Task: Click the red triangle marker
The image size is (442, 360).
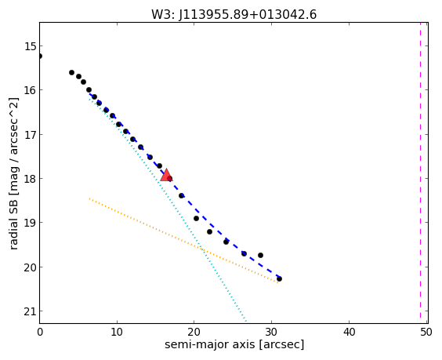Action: coord(166,175)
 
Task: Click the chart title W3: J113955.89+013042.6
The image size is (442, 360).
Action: coord(234,15)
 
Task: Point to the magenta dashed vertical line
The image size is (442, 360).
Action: coord(420,173)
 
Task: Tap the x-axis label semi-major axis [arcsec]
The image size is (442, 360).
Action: coord(234,344)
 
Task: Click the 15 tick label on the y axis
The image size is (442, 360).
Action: coord(30,46)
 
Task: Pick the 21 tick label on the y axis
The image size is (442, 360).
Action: coord(30,311)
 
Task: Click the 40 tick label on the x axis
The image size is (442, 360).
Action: coord(349,332)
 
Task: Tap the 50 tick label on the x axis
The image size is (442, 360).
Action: coord(426,332)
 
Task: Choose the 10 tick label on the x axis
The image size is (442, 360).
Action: coord(117,332)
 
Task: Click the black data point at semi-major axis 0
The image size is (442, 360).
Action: coord(40,56)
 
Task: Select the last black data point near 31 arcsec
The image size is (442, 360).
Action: coord(279,278)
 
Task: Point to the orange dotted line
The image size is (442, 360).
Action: coord(183,240)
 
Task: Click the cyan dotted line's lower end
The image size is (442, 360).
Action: coord(246,321)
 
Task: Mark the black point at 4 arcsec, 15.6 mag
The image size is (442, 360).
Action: coord(71,72)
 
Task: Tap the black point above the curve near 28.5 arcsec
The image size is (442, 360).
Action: coord(260,256)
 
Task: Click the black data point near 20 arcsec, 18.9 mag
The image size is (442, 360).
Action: coord(196,218)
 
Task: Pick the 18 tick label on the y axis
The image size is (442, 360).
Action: coord(30,179)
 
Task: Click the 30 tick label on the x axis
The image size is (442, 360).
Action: coord(271,332)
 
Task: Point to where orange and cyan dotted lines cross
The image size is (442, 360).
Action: coord(202,249)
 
